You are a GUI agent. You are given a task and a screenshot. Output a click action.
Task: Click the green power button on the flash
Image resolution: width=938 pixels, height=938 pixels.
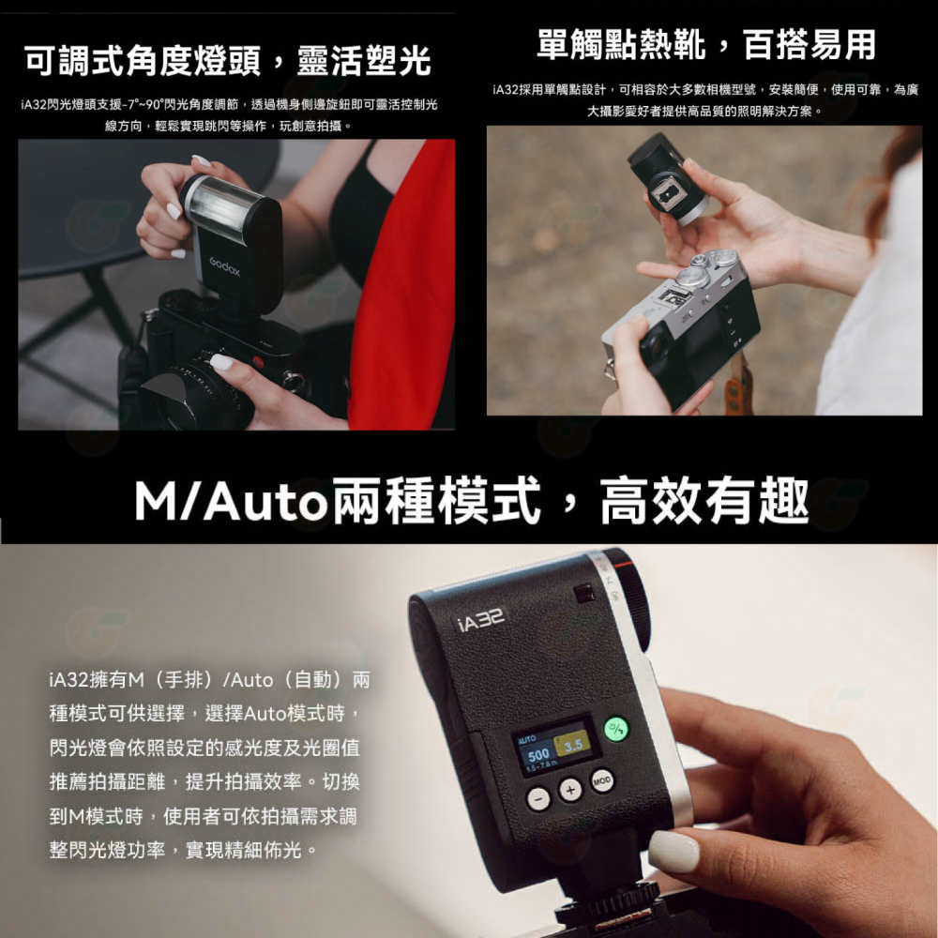[616, 730]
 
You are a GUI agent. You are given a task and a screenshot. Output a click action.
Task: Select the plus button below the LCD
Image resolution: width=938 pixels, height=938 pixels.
[570, 792]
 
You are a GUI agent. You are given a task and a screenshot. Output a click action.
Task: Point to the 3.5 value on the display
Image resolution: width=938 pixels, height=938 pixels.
[573, 747]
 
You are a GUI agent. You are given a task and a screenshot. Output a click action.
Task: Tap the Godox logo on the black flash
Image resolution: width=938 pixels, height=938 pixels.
[224, 267]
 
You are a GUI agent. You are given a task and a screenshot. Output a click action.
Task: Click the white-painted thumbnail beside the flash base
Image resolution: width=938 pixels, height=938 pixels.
[673, 851]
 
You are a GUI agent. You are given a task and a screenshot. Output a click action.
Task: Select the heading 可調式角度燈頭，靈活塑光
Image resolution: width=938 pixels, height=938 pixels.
[227, 61]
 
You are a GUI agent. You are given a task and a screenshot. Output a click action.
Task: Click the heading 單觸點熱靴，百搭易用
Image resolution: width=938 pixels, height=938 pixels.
[705, 43]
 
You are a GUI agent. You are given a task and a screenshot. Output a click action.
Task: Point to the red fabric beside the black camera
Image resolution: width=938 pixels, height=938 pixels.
[403, 300]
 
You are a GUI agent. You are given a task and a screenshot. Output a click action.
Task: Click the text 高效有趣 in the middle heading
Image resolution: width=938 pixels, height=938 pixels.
[703, 502]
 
